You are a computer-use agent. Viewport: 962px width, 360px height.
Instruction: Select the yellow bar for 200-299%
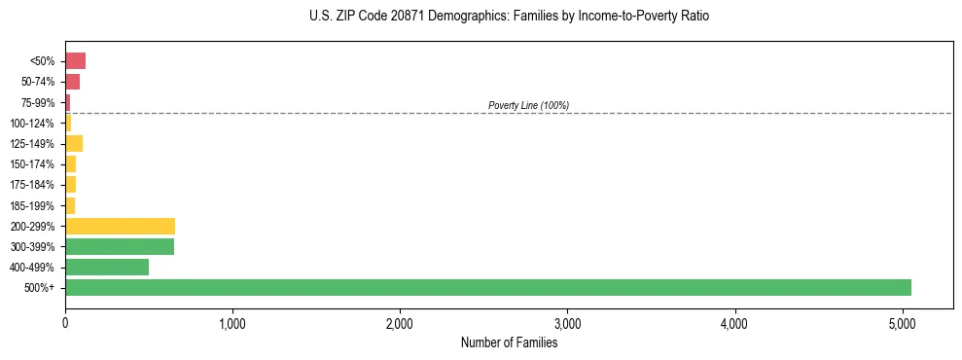pos(120,226)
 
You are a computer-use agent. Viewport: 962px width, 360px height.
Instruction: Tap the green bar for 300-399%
pos(120,246)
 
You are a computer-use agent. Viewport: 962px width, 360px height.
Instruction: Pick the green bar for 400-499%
pos(107,267)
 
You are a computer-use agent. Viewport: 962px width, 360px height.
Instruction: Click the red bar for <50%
pos(75,61)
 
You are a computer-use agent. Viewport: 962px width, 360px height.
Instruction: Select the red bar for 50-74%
pos(72,82)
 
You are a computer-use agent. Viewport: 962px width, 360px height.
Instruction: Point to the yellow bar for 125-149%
pos(74,143)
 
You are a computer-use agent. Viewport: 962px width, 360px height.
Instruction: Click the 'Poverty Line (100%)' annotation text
pos(528,105)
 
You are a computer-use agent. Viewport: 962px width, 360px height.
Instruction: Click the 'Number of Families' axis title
pos(509,342)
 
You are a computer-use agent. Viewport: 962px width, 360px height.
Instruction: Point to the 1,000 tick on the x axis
pos(232,323)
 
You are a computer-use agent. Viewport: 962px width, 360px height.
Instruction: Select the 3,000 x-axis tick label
pos(567,323)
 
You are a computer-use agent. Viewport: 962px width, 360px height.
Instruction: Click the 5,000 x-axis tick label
pos(902,323)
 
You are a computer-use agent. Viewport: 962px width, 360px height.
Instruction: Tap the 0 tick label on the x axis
pos(65,323)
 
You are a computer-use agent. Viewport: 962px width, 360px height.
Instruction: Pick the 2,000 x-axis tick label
pos(400,323)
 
